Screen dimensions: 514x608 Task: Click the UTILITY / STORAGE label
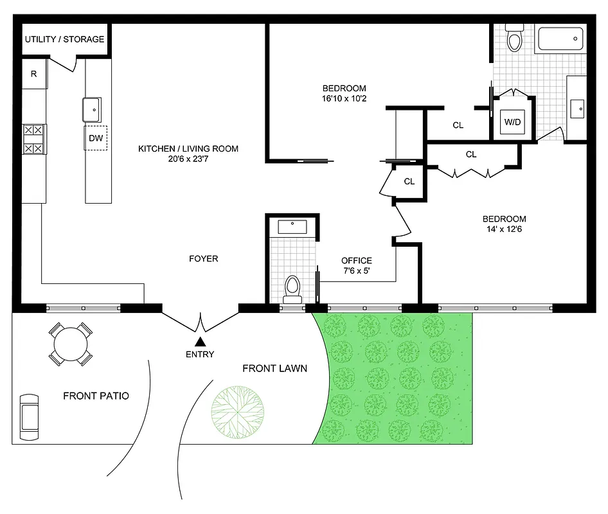pyautogui.click(x=64, y=39)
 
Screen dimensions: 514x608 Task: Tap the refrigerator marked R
pyautogui.click(x=34, y=74)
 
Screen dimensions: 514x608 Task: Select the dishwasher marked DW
pyautogui.click(x=96, y=137)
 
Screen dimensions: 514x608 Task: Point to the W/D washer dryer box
pyautogui.click(x=512, y=122)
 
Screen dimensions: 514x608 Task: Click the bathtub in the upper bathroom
pyautogui.click(x=560, y=40)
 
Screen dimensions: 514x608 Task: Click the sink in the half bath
pyautogui.click(x=293, y=226)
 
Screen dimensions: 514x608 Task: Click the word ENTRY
pyautogui.click(x=201, y=355)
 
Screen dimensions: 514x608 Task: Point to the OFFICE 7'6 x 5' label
pyautogui.click(x=356, y=265)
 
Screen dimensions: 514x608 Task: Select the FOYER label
pyautogui.click(x=203, y=258)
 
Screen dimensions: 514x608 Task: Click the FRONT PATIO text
pyautogui.click(x=96, y=396)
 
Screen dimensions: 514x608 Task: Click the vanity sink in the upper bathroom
pyautogui.click(x=576, y=108)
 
